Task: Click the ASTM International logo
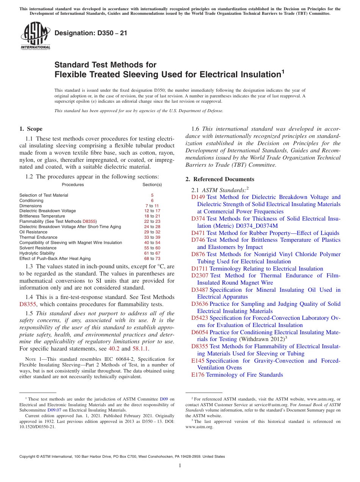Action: [x=35, y=36]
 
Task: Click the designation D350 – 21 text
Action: [x=91, y=33]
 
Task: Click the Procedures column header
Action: [x=73, y=185]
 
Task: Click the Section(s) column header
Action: [x=152, y=185]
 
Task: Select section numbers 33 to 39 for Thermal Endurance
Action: [x=152, y=237]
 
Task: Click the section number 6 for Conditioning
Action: [x=152, y=200]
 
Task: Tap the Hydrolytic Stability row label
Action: [x=37, y=253]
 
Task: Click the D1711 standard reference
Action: [x=199, y=269]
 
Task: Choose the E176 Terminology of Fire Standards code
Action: [x=198, y=375]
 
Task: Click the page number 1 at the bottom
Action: [x=180, y=465]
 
